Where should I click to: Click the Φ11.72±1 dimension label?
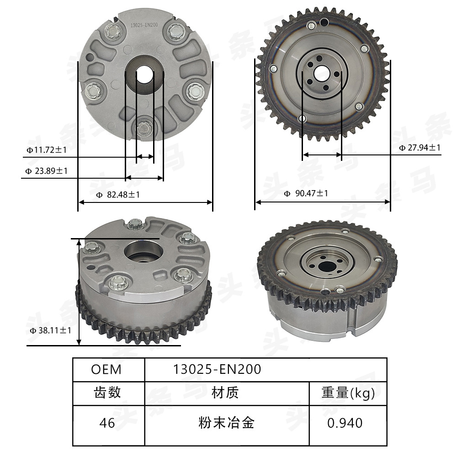pyautogui.click(x=47, y=149)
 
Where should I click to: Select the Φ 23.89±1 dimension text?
pyautogui.click(x=47, y=171)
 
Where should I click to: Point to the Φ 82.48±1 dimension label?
pyautogui.click(x=118, y=195)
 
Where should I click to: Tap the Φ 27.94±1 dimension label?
pyautogui.click(x=420, y=148)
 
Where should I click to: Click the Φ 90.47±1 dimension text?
pyautogui.click(x=306, y=193)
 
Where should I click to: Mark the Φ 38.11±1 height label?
pyautogui.click(x=50, y=330)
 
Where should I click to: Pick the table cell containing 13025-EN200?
pyautogui.click(x=217, y=369)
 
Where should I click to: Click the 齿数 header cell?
pyautogui.click(x=107, y=393)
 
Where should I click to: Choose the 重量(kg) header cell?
pyautogui.click(x=348, y=393)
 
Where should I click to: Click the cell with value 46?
pyautogui.click(x=107, y=423)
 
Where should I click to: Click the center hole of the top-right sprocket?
pyautogui.click(x=322, y=73)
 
